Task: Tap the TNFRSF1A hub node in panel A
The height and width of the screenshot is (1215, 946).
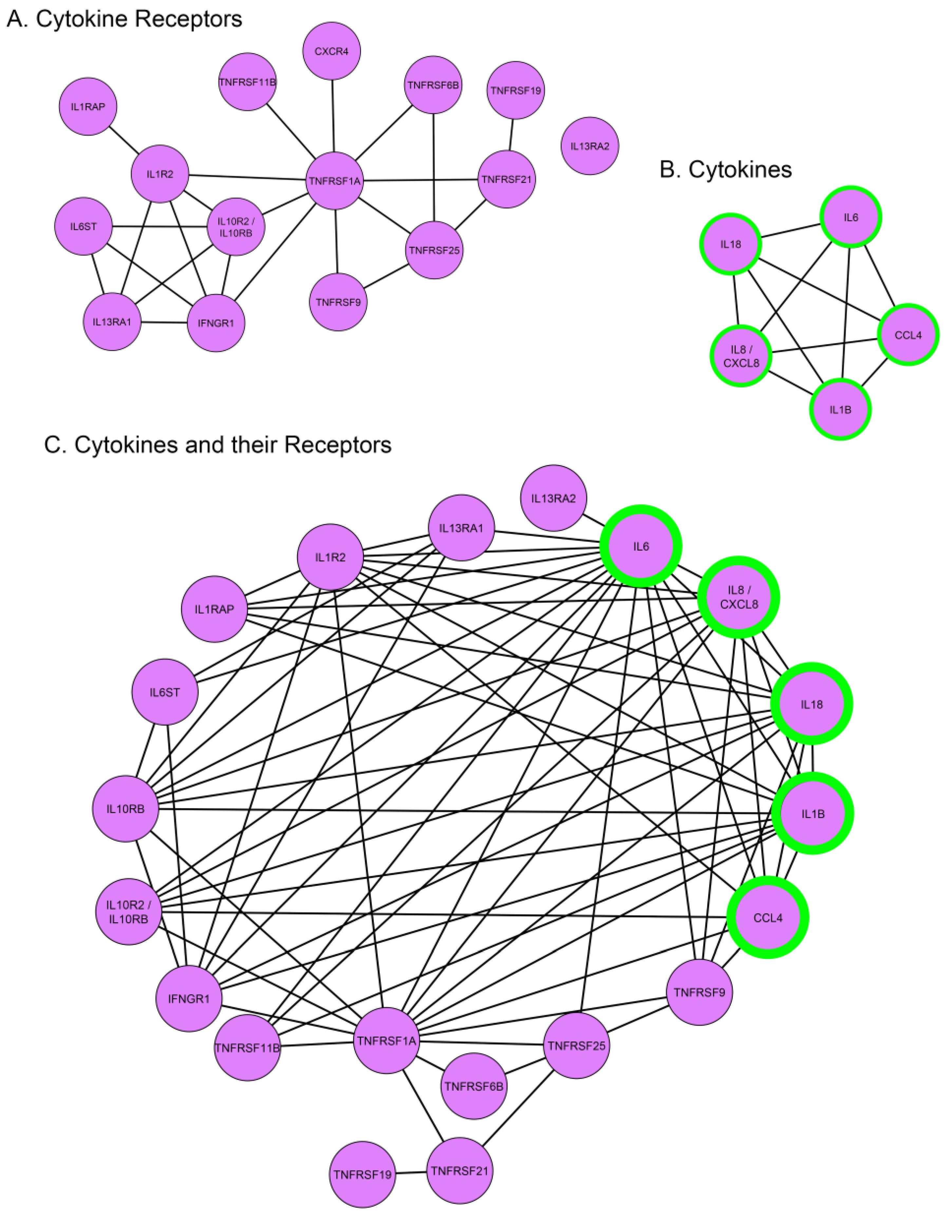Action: coord(334,181)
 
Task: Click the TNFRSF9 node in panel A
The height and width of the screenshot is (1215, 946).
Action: coord(338,302)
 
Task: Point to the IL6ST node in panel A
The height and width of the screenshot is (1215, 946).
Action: coord(84,226)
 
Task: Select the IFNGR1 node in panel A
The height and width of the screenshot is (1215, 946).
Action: coord(216,323)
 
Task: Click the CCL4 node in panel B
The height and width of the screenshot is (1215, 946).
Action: coord(908,335)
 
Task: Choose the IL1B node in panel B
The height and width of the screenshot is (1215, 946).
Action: coord(840,409)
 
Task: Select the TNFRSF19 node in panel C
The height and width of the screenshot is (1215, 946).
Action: coord(362,1174)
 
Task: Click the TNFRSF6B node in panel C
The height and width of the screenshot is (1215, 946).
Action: coord(474,1086)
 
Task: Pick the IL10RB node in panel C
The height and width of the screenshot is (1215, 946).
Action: coord(126,809)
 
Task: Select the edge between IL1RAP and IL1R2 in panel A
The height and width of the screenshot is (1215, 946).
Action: coord(123,140)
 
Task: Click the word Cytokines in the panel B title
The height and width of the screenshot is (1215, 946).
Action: coord(740,170)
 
